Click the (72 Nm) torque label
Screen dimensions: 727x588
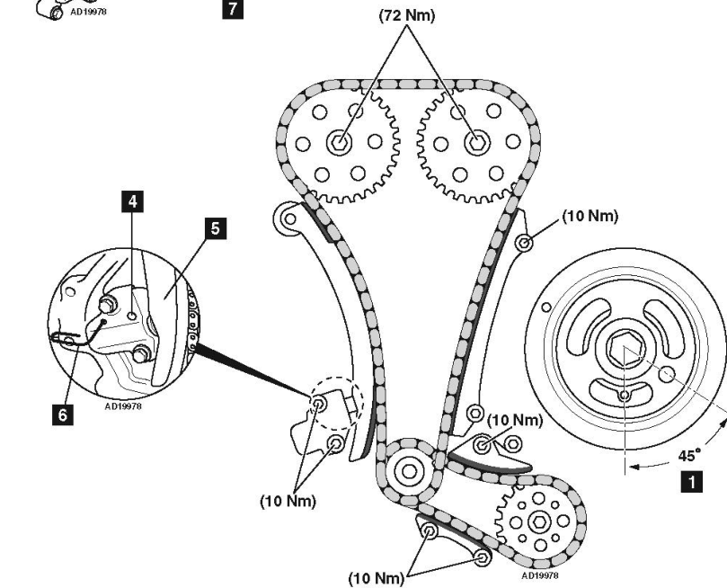407,15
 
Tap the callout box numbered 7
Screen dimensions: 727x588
233,9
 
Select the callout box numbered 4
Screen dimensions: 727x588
133,201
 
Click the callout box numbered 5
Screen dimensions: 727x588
216,228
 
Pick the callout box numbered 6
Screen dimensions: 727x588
63,414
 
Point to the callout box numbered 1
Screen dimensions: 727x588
691,481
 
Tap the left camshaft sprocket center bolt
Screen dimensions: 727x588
340,142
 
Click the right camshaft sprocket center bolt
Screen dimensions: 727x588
476,142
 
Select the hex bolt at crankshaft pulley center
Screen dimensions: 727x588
625,347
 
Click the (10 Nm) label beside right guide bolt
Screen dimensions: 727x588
590,216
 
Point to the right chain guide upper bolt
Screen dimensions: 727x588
524,242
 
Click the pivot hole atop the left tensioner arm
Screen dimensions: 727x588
289,218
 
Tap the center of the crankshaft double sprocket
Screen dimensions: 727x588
409,471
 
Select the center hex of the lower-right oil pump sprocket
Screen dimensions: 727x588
539,522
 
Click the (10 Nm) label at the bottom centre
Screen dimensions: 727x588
377,578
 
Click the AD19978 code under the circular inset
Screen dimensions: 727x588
123,406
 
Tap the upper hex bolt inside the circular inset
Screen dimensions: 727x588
108,304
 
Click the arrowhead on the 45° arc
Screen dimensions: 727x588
636,467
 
